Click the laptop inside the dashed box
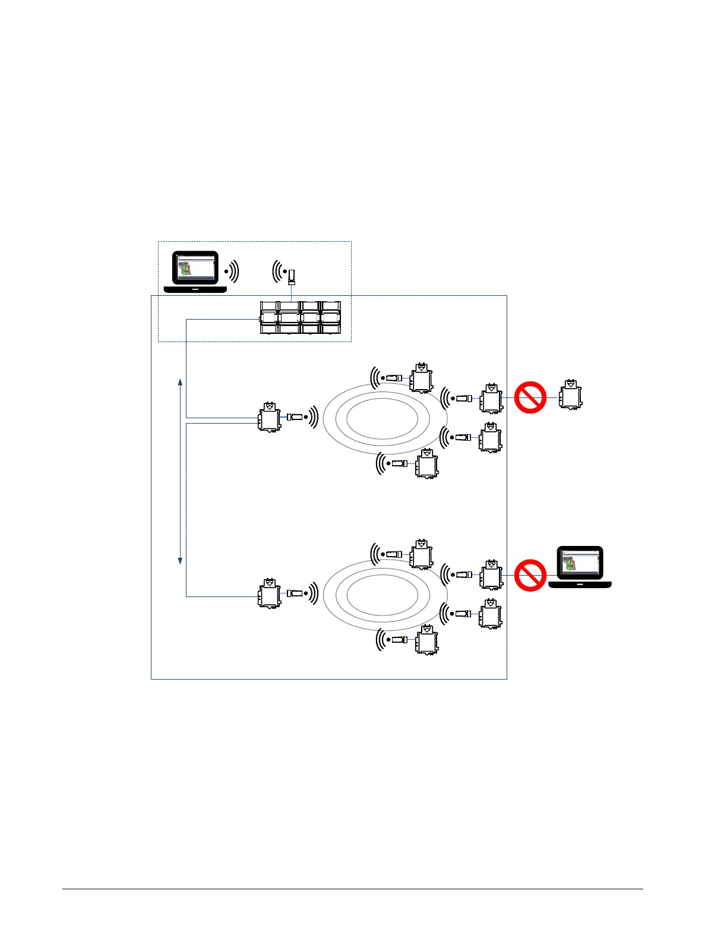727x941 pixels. [195, 271]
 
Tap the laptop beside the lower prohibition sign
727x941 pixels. [580, 567]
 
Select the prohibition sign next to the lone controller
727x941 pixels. [530, 397]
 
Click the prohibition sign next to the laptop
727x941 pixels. [530, 575]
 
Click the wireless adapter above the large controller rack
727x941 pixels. [292, 276]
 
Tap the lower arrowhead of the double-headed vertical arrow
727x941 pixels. [181, 560]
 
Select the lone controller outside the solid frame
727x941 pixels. [571, 394]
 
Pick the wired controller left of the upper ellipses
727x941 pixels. [270, 417]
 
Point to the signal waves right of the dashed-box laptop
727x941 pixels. [232, 271]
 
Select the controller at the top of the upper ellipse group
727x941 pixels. [421, 377]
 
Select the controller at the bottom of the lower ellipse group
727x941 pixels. [426, 640]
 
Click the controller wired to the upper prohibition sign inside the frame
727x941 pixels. [491, 398]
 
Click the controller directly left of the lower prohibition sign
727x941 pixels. [491, 574]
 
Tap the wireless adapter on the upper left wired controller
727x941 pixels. [295, 417]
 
